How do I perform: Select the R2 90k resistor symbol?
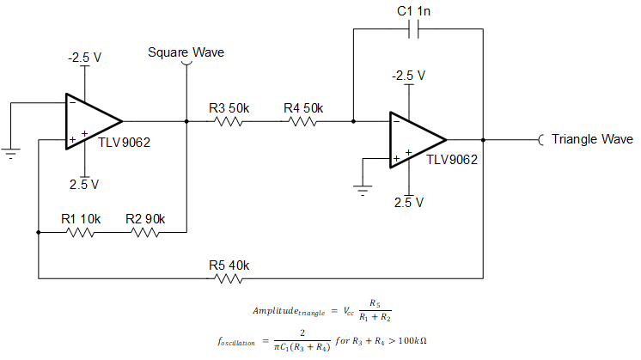pos(145,231)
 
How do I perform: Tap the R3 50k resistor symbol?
pos(228,121)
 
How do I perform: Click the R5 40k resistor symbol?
pos(228,278)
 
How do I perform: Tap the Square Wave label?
pos(186,52)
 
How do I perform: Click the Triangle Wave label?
pos(592,139)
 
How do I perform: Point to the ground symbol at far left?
pos(11,154)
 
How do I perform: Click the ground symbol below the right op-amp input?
pos(363,189)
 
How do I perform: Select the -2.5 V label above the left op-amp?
pos(85,58)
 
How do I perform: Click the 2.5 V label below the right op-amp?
pos(409,203)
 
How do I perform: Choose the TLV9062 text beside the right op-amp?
pos(452,159)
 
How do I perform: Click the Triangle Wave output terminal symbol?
pos(541,139)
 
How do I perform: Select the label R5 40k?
pos(228,264)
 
